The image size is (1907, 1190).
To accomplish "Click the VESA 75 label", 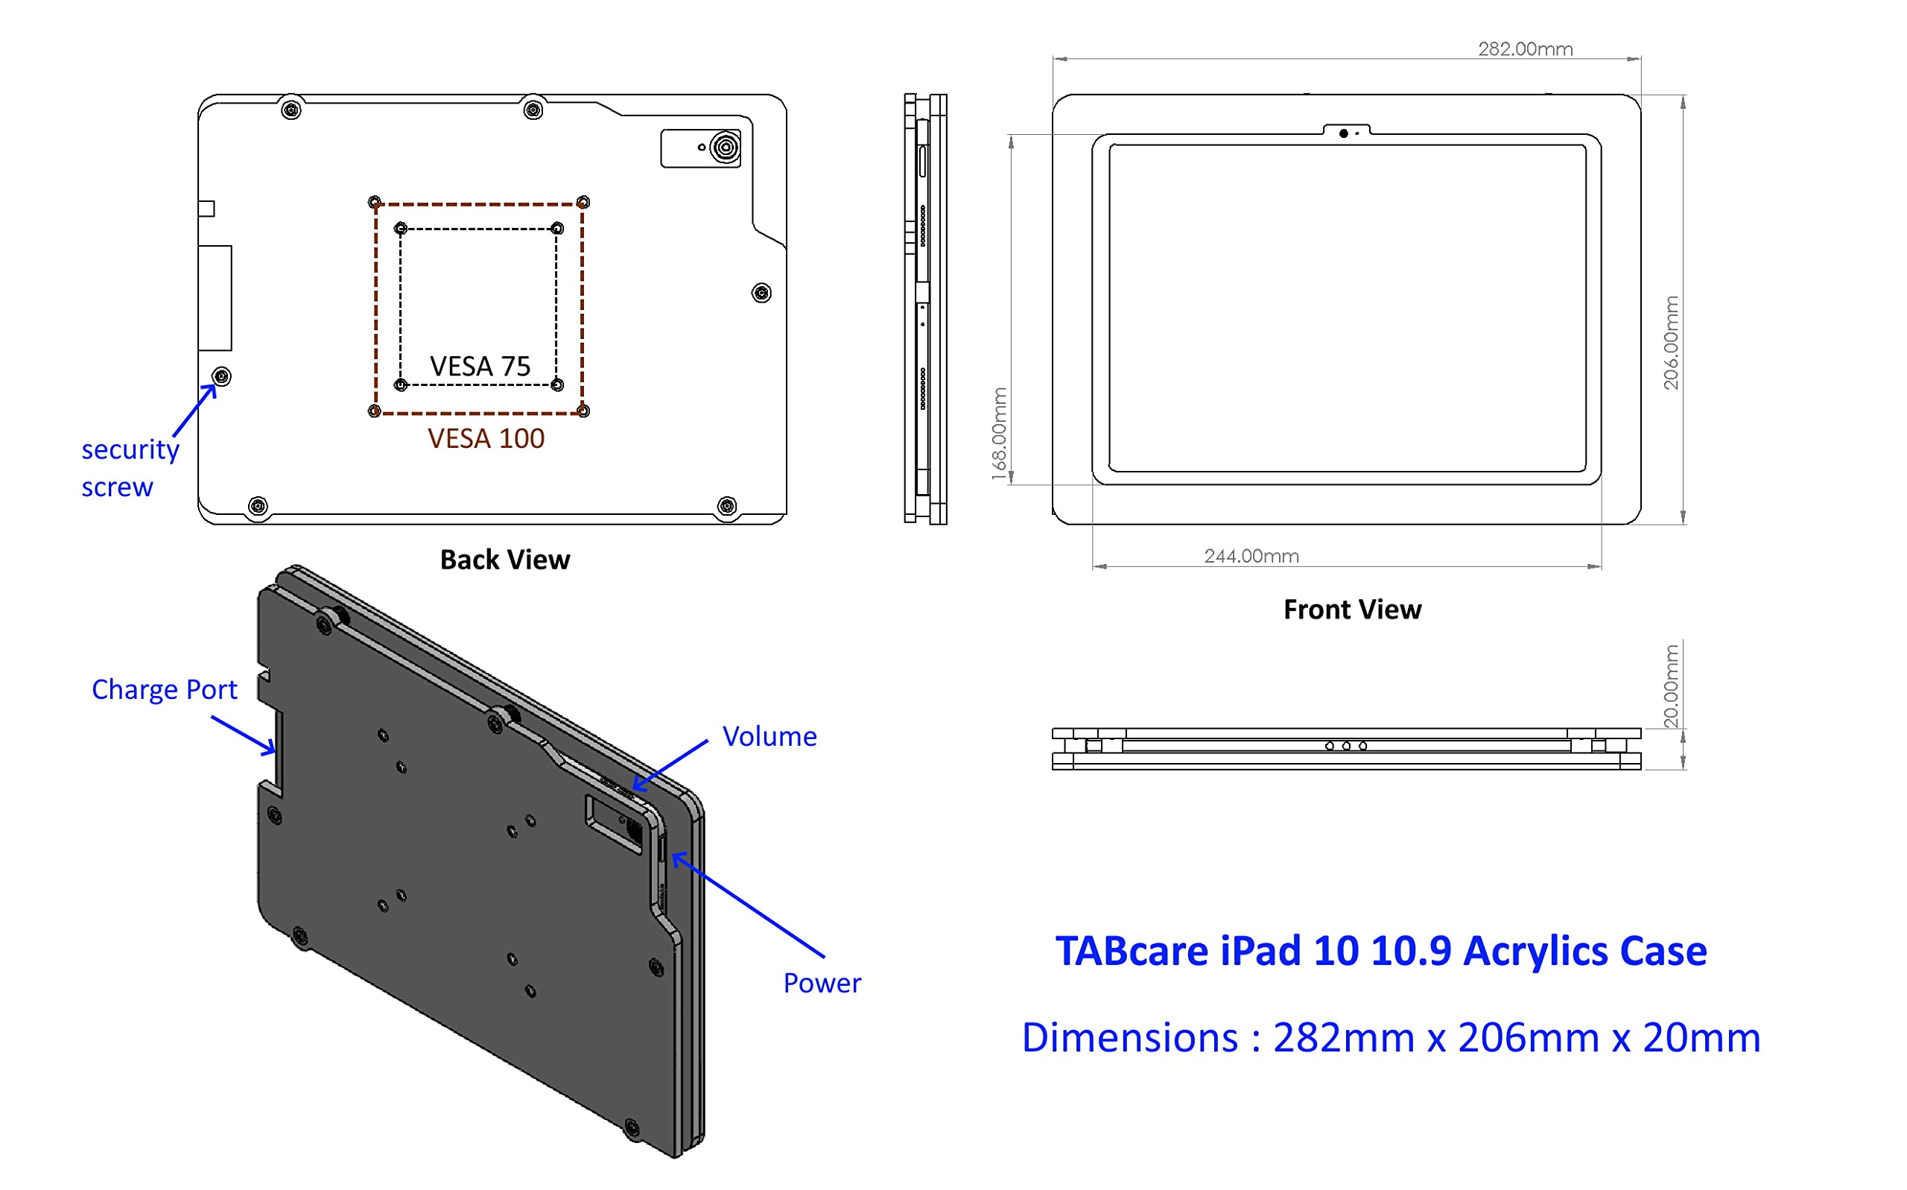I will tap(480, 367).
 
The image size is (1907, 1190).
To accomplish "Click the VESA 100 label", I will tap(486, 439).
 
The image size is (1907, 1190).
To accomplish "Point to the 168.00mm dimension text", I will tap(999, 434).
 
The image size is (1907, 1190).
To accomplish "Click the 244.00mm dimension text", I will tap(1251, 557).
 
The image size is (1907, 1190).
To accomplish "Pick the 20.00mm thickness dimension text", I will tap(1670, 686).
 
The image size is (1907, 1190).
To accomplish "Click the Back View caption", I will tap(504, 560).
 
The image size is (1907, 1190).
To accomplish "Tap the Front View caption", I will tap(1351, 610).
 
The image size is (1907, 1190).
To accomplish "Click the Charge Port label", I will tap(164, 690).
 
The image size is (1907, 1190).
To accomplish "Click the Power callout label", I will tap(822, 984).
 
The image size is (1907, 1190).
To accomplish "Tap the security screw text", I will tap(130, 468).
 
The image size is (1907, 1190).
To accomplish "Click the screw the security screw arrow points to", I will tap(222, 377).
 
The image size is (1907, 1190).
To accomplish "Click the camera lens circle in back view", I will tap(725, 148).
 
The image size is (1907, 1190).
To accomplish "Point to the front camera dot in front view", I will tap(1344, 134).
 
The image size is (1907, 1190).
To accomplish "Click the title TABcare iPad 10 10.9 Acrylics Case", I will tap(1380, 952).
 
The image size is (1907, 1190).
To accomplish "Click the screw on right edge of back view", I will tap(761, 294).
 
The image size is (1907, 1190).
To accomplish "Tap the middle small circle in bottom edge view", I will tap(1346, 746).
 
